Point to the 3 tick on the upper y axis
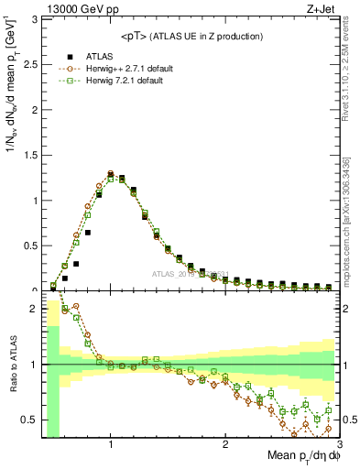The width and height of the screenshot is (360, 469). coord(33,19)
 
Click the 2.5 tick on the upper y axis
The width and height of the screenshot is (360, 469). coord(29,64)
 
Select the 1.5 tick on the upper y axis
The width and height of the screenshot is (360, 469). coord(29,155)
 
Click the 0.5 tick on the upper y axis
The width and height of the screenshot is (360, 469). coord(29,245)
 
